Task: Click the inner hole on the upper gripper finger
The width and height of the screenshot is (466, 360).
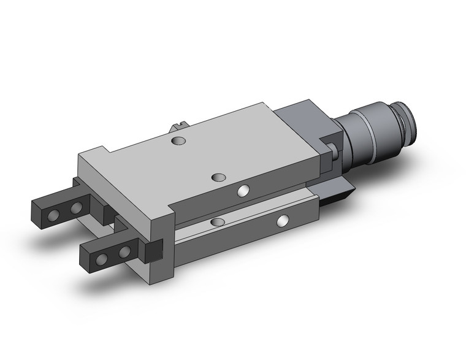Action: click(76, 209)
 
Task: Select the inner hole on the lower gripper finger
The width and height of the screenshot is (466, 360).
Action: click(125, 251)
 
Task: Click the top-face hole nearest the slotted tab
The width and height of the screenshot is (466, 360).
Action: click(178, 142)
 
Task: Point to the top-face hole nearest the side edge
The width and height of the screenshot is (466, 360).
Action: click(218, 177)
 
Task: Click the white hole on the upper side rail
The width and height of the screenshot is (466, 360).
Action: click(245, 191)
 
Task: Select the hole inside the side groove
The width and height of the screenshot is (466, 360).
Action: click(217, 220)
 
